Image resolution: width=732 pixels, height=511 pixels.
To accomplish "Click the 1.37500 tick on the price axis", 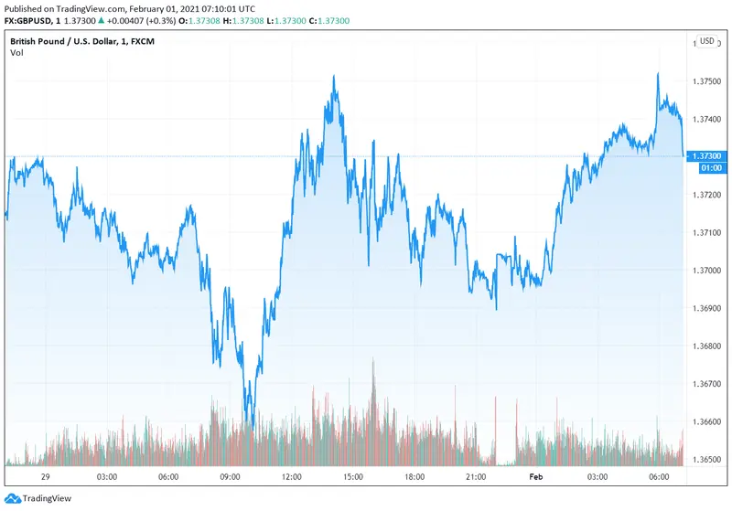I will coord(707,82).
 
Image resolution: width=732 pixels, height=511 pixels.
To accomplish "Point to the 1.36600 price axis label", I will coord(707,421).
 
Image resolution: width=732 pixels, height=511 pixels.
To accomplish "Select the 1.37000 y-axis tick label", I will coord(707,271).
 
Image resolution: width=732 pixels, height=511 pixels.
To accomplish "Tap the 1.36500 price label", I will coord(707,459).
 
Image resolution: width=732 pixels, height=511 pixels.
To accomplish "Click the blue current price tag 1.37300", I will coord(707,156).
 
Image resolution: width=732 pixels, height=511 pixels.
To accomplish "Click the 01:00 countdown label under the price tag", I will coord(709,168).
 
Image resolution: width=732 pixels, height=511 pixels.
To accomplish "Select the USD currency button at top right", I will coord(707,41).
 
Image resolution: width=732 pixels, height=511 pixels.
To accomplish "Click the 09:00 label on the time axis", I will coord(230,477).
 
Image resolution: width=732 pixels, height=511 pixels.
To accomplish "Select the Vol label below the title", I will coord(17,53).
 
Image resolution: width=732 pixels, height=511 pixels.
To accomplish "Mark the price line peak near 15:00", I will coord(334,77).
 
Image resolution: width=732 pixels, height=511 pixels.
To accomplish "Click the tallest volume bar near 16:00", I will coord(373,361).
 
